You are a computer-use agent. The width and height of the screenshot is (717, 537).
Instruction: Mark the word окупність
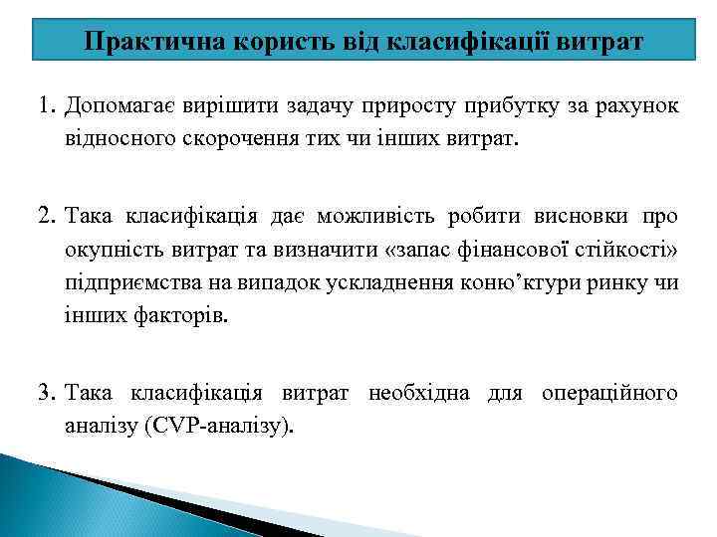(111, 250)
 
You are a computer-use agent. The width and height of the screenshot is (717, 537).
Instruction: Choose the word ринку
(621, 283)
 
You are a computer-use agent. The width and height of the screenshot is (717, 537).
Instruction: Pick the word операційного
(608, 393)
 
